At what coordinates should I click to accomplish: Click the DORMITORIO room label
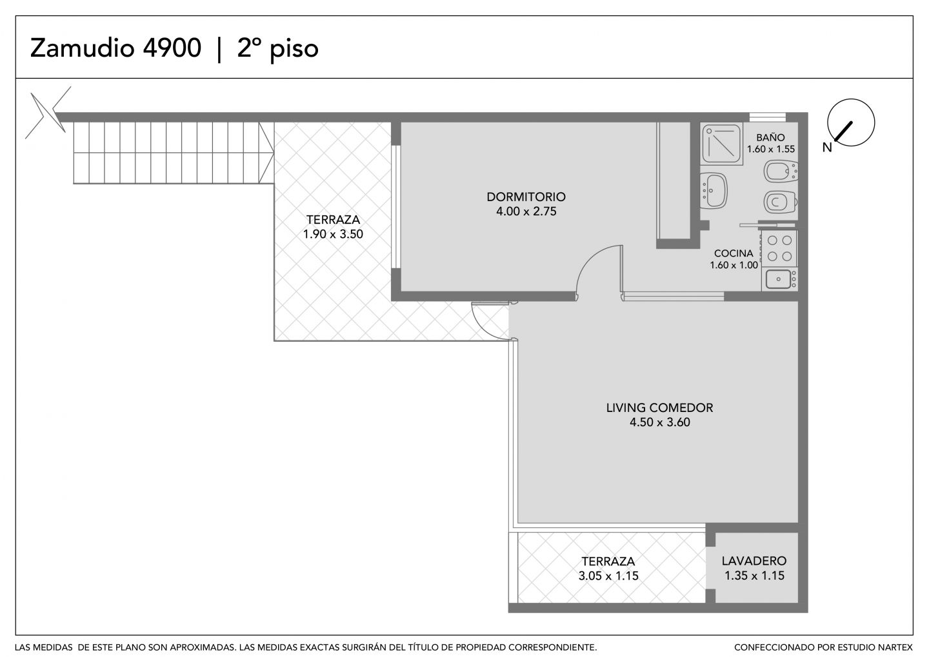(526, 197)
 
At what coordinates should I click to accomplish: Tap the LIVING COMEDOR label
(659, 407)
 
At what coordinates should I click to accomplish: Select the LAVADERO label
(754, 561)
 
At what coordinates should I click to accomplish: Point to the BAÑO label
(770, 137)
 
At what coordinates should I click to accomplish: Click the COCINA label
(734, 253)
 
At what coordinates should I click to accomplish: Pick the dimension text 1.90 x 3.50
(333, 234)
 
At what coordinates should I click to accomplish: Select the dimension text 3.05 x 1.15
(608, 576)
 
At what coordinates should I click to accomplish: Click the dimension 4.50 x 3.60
(659, 422)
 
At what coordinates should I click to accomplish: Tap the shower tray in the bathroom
(721, 144)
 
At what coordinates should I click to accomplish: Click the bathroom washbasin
(714, 190)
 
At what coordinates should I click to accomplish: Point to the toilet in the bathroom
(780, 202)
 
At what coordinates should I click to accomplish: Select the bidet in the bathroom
(780, 172)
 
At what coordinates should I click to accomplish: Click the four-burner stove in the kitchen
(779, 248)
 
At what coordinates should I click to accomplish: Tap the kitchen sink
(779, 279)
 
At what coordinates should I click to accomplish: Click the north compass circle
(850, 123)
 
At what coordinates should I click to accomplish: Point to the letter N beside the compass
(827, 148)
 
